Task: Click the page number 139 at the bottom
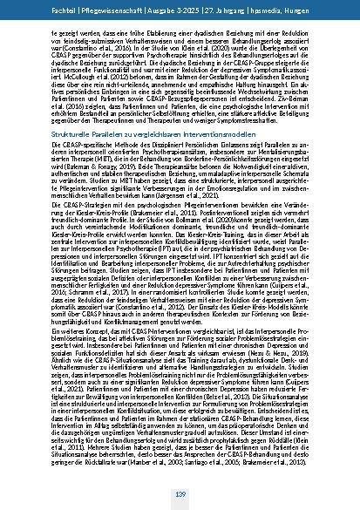tap(180, 496)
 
